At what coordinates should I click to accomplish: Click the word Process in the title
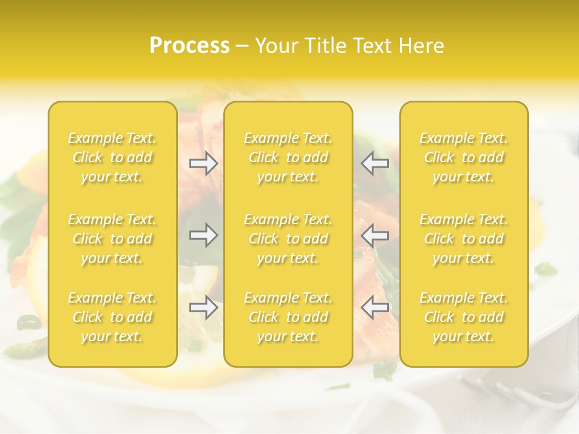point(189,46)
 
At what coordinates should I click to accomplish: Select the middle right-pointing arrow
point(204,235)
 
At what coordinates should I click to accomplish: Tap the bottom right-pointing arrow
point(204,308)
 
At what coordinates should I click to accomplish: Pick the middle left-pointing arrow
point(375,235)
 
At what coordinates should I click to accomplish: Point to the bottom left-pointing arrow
point(375,308)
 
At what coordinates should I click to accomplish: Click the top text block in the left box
point(112,157)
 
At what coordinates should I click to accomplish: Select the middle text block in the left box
point(112,239)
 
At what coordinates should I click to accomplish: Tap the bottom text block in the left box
point(112,317)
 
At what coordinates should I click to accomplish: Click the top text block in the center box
point(288,157)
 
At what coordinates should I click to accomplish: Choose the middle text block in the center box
point(288,239)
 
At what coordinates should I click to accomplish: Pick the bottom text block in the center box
point(288,317)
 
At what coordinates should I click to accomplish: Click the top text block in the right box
point(464,157)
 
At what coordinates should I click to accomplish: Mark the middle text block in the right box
point(464,239)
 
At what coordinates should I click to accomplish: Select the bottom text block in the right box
point(464,317)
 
